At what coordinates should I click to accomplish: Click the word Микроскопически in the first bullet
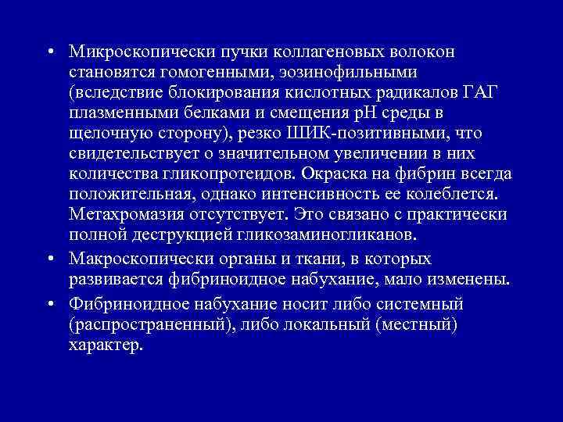(128, 52)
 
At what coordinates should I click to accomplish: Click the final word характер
(106, 342)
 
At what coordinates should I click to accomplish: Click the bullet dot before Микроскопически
(48, 52)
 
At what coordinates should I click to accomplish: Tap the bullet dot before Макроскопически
(48, 259)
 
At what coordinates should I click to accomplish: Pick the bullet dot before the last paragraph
(48, 301)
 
